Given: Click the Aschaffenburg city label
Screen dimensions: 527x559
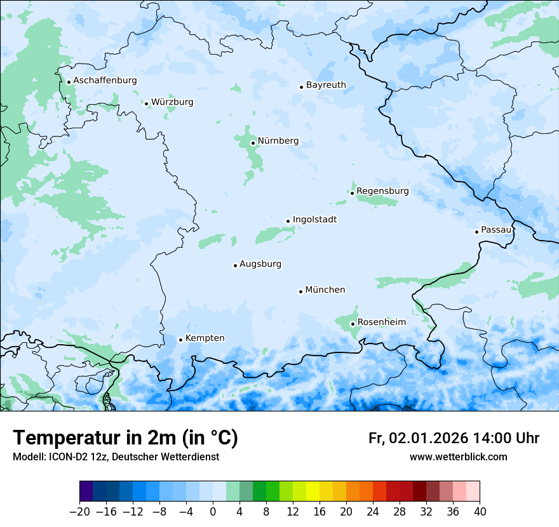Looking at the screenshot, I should tap(105, 81).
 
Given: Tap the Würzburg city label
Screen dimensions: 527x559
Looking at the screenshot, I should tap(172, 102).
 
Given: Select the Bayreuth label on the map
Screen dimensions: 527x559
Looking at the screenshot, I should tap(326, 85).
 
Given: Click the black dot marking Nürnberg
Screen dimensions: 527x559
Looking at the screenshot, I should tap(253, 143).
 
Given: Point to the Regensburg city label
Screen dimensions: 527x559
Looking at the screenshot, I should tap(382, 191).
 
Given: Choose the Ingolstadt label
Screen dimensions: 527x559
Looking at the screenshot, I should tap(314, 220).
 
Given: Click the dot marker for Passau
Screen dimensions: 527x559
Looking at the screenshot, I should tap(476, 232).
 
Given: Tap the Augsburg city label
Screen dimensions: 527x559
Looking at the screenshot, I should tap(260, 264).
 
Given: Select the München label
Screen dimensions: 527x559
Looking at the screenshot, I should tap(325, 290).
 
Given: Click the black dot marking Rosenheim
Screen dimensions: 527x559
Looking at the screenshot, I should tap(353, 324).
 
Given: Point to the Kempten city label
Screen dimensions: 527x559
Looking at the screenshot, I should tap(205, 338).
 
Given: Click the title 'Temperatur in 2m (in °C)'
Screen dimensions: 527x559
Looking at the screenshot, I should tap(125, 438).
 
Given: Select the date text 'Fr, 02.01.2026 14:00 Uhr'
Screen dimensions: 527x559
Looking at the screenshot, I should tap(454, 438).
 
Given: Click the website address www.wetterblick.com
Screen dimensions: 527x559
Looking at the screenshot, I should tap(458, 457).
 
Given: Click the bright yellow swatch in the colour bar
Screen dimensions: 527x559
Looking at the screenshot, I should tap(313, 491).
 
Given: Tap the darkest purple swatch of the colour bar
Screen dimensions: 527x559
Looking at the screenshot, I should tap(86, 491).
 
